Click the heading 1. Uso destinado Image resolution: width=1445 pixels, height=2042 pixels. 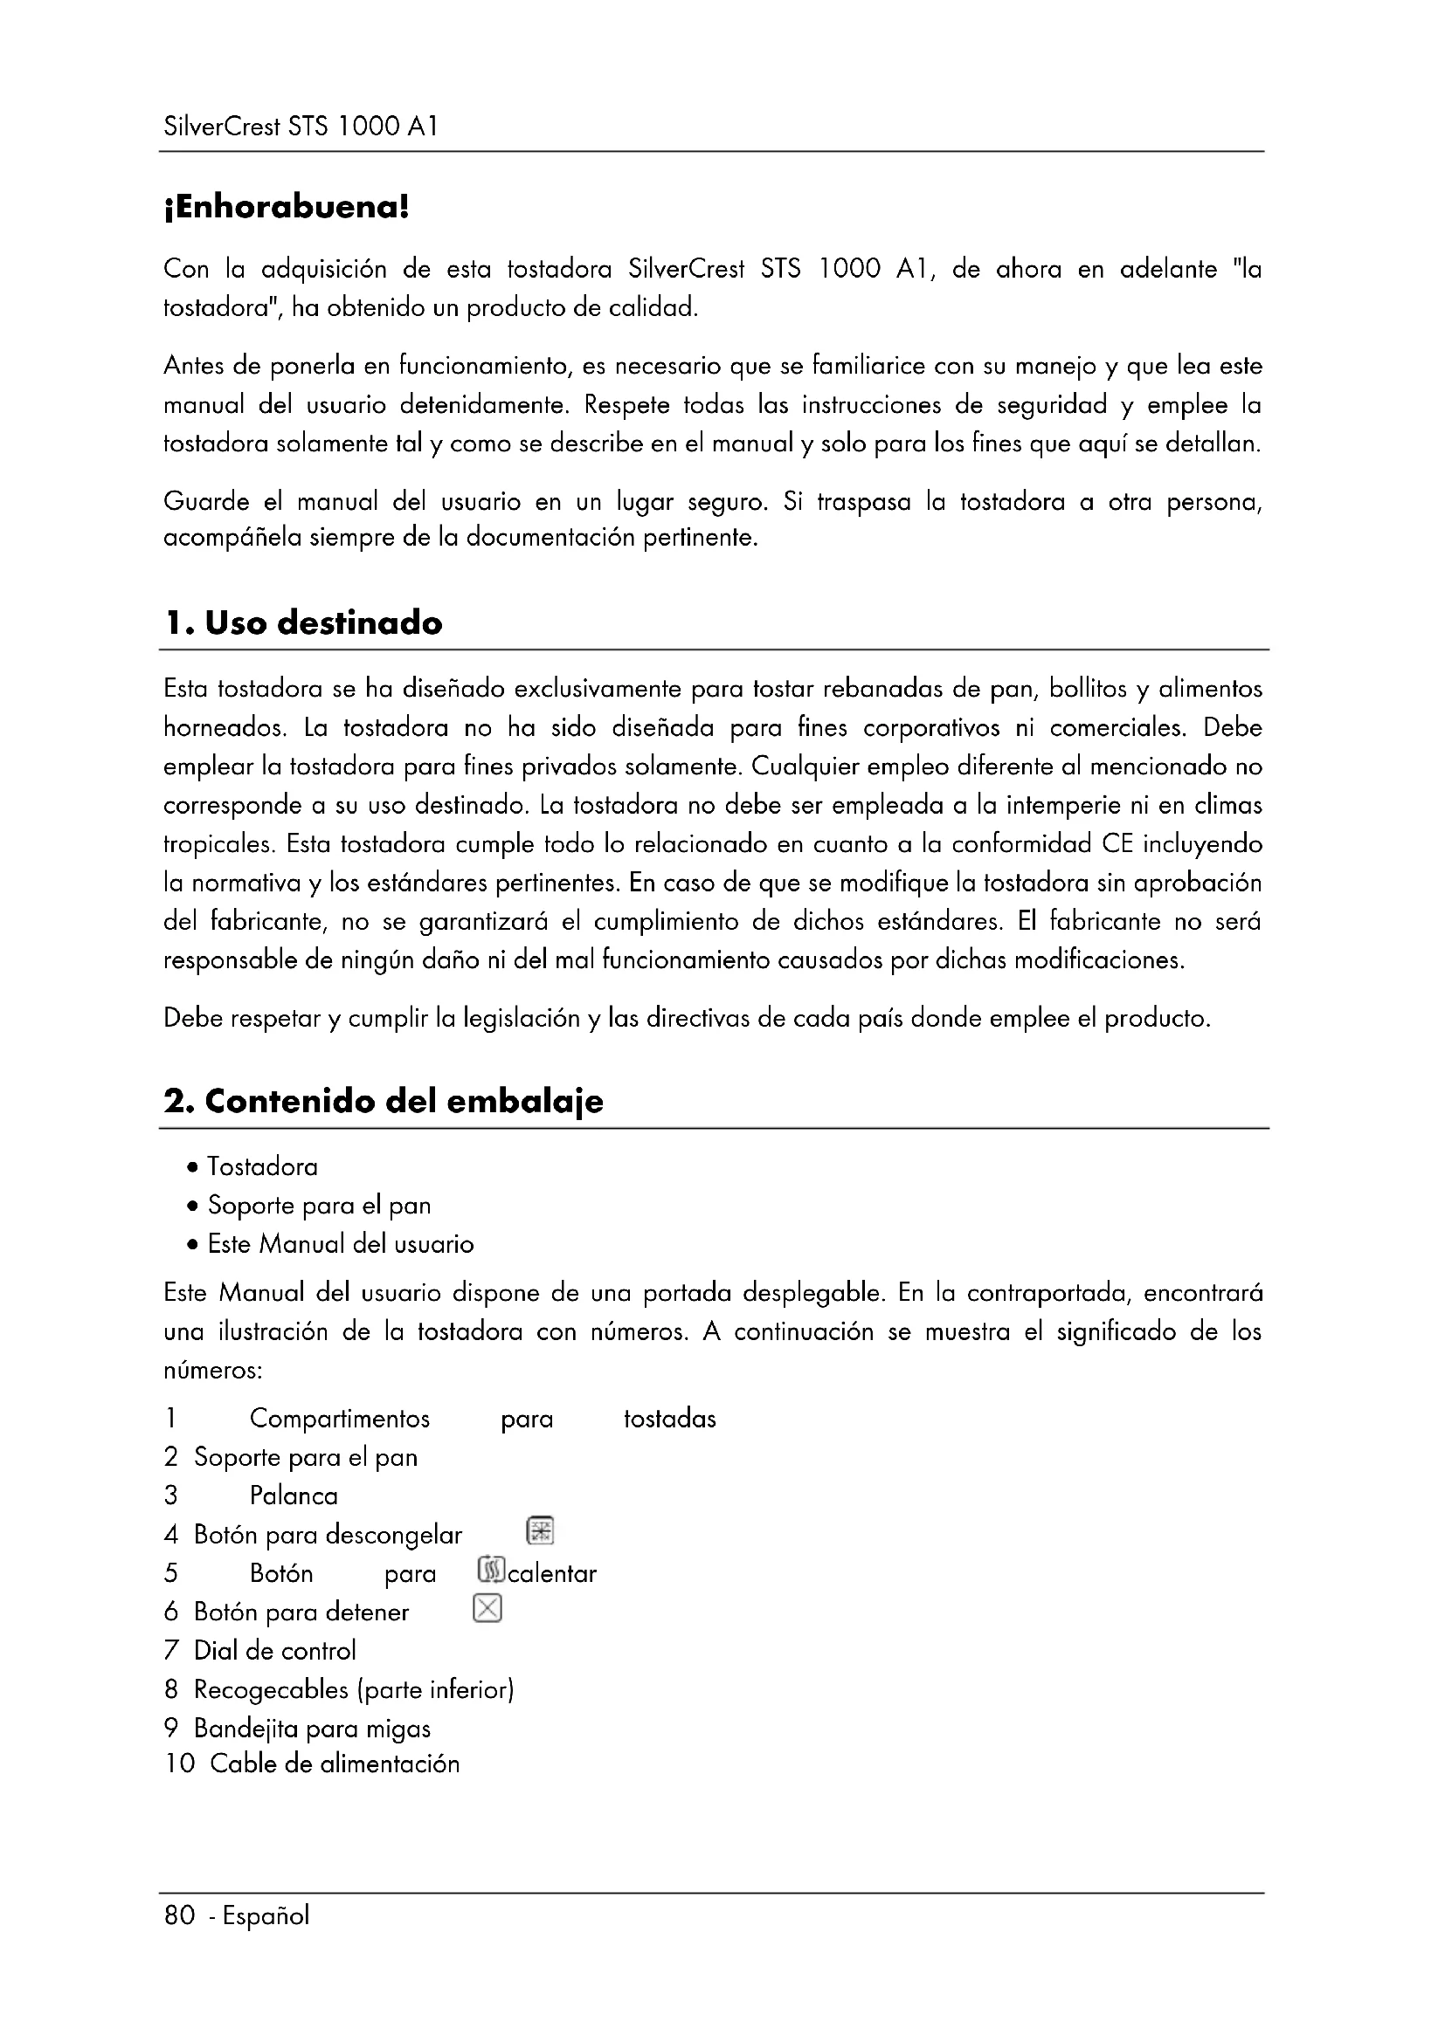[302, 622]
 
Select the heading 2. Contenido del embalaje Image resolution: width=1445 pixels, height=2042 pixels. [383, 1101]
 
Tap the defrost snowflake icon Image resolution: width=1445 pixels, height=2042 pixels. [540, 1530]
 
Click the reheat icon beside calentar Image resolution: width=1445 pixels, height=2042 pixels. [491, 1570]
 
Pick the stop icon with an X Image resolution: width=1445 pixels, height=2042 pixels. [487, 1608]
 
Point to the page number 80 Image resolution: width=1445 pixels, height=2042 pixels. [179, 1915]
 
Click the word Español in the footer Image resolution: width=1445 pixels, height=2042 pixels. [266, 1915]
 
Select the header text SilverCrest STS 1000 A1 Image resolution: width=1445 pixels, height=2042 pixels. [301, 127]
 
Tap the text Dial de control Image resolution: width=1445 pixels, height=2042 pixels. [274, 1651]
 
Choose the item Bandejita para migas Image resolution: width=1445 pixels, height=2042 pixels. [311, 1728]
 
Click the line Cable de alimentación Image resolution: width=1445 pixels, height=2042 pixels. [335, 1764]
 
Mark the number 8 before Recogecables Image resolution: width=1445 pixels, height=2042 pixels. [171, 1689]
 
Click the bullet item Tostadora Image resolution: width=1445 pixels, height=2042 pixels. [261, 1166]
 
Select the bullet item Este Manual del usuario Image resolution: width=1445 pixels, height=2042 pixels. [340, 1243]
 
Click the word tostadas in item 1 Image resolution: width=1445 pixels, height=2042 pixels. [669, 1419]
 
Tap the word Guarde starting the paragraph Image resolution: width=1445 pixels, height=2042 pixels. [205, 502]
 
